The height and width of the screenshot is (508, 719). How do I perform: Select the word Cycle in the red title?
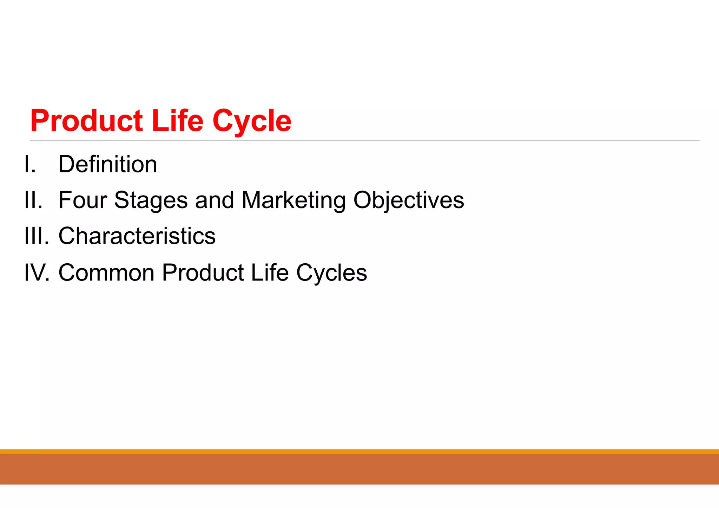click(252, 121)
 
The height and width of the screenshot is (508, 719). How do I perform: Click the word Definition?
click(107, 164)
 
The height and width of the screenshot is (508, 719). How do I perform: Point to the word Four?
click(83, 200)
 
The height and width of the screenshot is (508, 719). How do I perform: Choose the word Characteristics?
click(137, 236)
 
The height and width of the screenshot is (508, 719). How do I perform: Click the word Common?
click(106, 273)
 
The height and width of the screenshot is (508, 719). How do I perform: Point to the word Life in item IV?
click(270, 273)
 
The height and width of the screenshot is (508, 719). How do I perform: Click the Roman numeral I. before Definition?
click(30, 164)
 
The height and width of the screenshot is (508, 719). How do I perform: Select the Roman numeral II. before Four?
click(33, 200)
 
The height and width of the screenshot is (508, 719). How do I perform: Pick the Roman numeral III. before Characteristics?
click(37, 236)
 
